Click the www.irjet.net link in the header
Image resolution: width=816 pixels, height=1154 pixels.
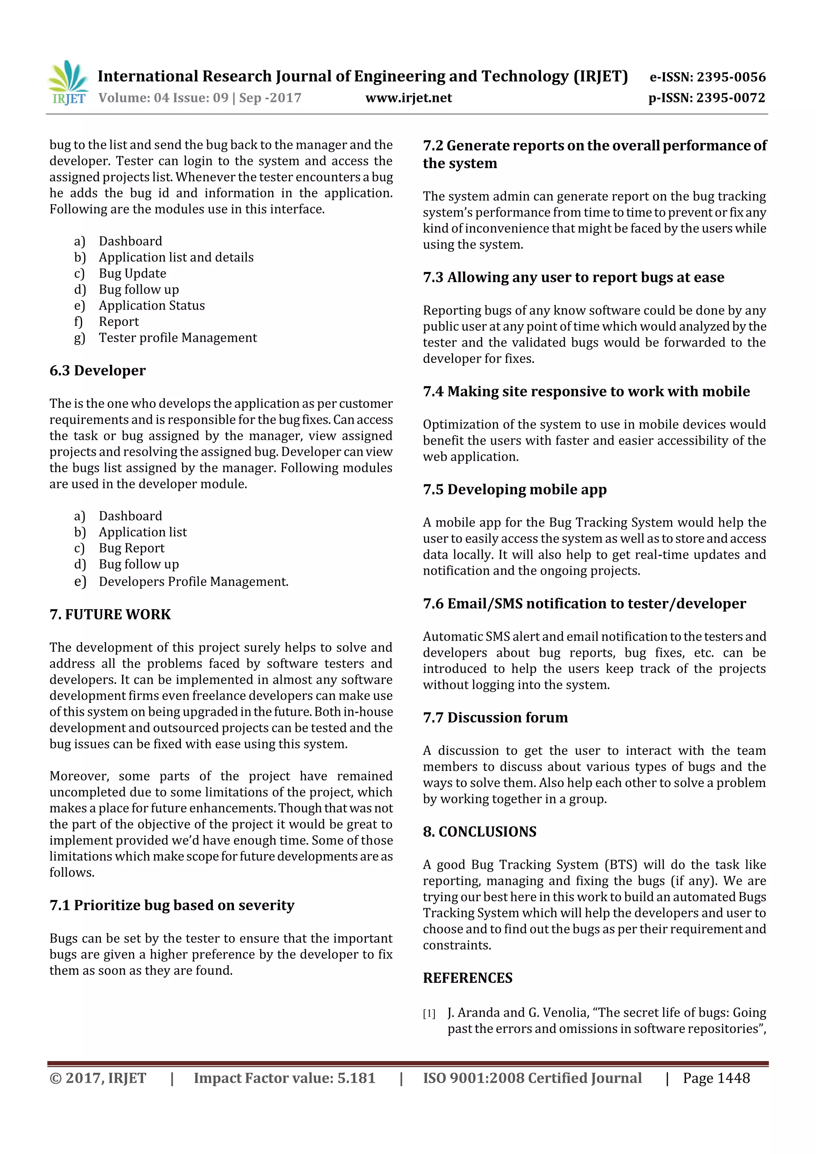point(408,98)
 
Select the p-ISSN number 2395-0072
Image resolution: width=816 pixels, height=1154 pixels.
point(730,98)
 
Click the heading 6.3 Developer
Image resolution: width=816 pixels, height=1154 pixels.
point(98,370)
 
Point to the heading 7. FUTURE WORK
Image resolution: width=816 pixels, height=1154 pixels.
point(110,614)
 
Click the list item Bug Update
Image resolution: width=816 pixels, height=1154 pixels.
point(132,273)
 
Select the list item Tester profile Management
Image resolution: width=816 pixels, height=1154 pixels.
point(177,338)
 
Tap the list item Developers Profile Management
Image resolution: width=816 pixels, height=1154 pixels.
point(194,582)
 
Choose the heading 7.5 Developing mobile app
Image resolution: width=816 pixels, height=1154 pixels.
point(514,490)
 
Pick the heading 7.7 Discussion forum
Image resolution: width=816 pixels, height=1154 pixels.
point(495,718)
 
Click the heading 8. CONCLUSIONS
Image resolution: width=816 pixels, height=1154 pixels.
point(480,832)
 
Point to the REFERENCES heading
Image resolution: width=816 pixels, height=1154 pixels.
point(468,978)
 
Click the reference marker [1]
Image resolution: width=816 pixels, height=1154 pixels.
point(429,1013)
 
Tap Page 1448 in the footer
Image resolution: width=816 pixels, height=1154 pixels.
point(716,1078)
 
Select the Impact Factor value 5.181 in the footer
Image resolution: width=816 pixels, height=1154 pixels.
point(356,1078)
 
